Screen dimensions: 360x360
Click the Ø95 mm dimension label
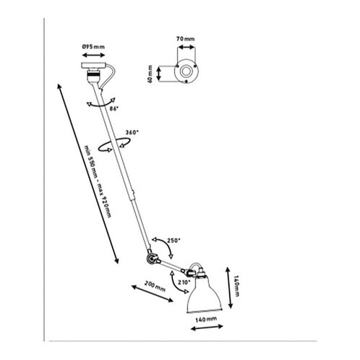(x=93, y=47)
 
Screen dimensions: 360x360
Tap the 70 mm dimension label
(x=185, y=39)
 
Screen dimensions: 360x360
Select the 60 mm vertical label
(x=150, y=74)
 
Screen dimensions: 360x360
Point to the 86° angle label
(x=114, y=108)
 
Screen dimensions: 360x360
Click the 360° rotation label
(x=132, y=132)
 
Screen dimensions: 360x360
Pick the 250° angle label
(x=173, y=240)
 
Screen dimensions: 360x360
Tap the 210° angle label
(x=184, y=282)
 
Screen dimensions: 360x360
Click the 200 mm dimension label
(x=155, y=286)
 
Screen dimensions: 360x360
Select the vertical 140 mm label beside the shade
(x=236, y=286)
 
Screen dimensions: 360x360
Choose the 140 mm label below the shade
(x=206, y=320)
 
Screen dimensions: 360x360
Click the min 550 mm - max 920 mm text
(x=98, y=181)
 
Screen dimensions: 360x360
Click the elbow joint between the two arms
(x=152, y=259)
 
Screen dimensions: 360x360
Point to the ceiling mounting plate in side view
(x=93, y=65)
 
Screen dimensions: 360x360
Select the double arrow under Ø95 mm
(x=93, y=55)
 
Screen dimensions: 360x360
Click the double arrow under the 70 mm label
(x=186, y=48)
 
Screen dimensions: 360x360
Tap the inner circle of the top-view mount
(x=187, y=72)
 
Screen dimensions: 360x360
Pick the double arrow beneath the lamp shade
(x=207, y=327)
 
